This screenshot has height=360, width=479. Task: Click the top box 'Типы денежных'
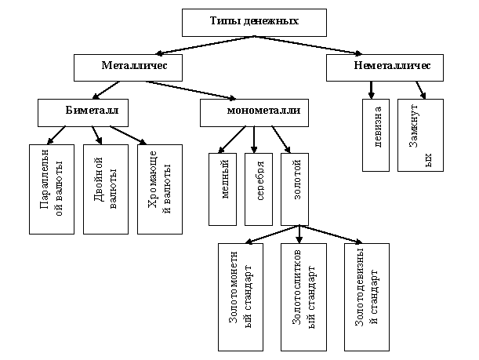[243, 22]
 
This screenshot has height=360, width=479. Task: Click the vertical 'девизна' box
[377, 135]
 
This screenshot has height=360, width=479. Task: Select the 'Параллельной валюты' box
[51, 188]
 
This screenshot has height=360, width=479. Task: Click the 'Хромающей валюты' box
[159, 188]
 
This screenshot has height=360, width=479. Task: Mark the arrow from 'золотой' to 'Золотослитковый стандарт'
[299, 233]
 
